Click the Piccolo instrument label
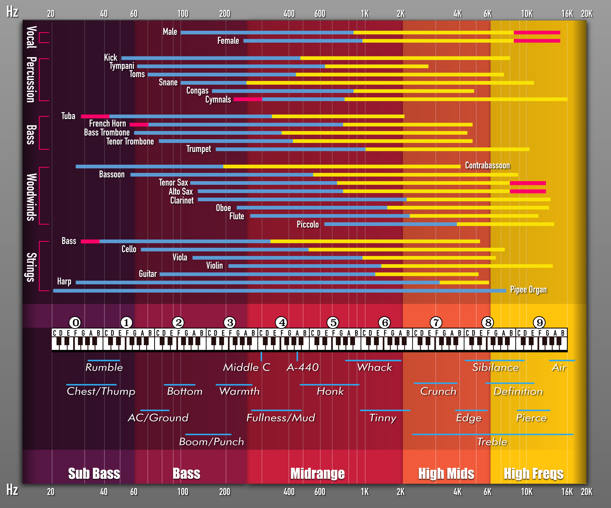[x=308, y=224]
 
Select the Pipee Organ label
[x=528, y=290]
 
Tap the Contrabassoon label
[x=487, y=165]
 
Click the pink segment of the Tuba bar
[x=95, y=116]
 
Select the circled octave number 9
[x=539, y=322]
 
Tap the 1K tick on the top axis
[x=365, y=14]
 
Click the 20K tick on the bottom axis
[x=586, y=492]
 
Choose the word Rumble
[x=104, y=368]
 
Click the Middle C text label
[x=246, y=368]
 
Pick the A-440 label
[x=303, y=368]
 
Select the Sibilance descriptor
[x=495, y=368]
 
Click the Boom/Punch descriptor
[x=211, y=442]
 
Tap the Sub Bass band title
[x=94, y=473]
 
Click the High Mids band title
[x=446, y=473]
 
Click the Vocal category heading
[x=31, y=37]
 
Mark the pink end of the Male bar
[x=537, y=33]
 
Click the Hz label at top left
[x=12, y=12]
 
